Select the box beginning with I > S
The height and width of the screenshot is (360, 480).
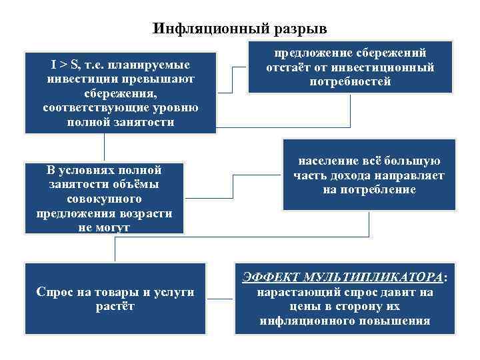pyautogui.click(x=120, y=93)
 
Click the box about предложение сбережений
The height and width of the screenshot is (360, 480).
pyautogui.click(x=350, y=67)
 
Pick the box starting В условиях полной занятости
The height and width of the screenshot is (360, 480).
pyautogui.click(x=104, y=198)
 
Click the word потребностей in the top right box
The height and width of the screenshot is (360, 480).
pyautogui.click(x=350, y=82)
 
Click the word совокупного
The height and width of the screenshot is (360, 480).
pyautogui.click(x=104, y=199)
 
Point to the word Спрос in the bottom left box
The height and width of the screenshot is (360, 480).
pyautogui.click(x=55, y=292)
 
